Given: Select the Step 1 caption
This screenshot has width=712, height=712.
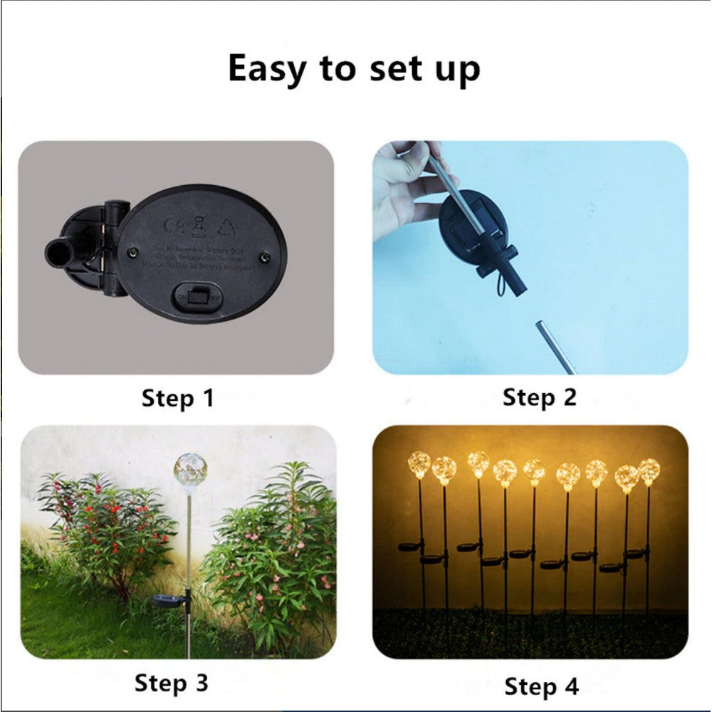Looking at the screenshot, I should pyautogui.click(x=177, y=398).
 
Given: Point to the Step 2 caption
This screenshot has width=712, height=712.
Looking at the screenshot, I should pyautogui.click(x=539, y=397).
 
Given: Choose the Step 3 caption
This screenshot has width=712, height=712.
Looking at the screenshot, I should pyautogui.click(x=172, y=683).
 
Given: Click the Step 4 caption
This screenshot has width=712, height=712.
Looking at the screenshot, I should pyautogui.click(x=541, y=686).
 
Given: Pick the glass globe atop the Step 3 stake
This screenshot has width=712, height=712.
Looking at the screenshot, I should pyautogui.click(x=190, y=469).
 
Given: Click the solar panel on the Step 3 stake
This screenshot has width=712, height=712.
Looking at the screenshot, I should pyautogui.click(x=169, y=600).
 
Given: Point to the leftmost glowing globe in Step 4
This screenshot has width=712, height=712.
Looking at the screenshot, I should pyautogui.click(x=419, y=464).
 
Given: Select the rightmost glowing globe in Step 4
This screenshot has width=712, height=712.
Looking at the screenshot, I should pyautogui.click(x=649, y=471).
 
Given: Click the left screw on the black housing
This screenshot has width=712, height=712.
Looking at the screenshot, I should pyautogui.click(x=132, y=252).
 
